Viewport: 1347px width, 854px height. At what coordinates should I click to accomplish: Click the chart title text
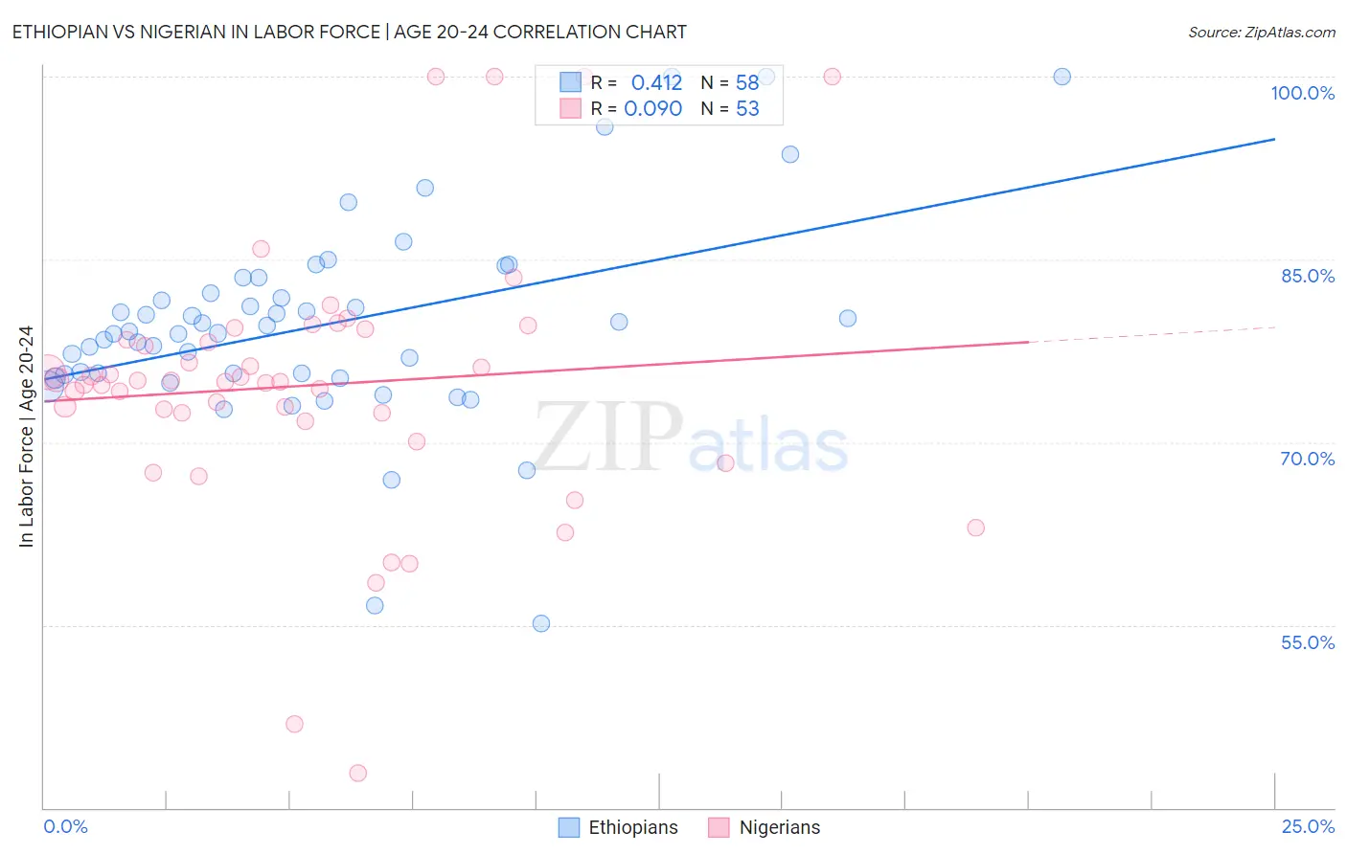(x=349, y=32)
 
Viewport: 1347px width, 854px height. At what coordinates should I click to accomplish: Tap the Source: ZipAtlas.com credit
(x=1261, y=32)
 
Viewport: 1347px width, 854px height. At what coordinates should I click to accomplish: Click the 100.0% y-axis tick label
(x=1302, y=93)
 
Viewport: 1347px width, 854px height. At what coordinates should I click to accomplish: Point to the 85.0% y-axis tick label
(x=1307, y=276)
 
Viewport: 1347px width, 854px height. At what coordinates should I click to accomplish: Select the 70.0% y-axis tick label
(x=1307, y=459)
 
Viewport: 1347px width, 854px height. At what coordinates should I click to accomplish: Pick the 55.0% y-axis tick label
(x=1307, y=642)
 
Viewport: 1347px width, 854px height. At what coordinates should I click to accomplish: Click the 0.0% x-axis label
(x=65, y=826)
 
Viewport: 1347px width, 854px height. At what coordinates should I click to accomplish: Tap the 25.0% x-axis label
(x=1308, y=826)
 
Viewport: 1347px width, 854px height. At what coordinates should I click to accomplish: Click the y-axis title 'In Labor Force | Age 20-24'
(x=26, y=437)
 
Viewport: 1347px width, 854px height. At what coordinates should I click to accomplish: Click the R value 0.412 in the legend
(x=656, y=82)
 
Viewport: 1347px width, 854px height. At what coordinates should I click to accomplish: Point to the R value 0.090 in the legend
(x=652, y=109)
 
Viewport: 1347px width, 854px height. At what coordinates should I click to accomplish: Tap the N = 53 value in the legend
(x=730, y=109)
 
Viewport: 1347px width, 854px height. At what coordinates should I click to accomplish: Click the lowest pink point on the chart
(x=358, y=773)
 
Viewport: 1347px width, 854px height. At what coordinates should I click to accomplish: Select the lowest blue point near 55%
(x=541, y=623)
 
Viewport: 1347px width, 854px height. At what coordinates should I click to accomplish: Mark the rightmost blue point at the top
(x=1062, y=77)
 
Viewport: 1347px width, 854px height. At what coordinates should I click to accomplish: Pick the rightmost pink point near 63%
(x=975, y=528)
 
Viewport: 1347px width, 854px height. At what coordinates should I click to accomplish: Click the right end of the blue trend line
(x=1274, y=140)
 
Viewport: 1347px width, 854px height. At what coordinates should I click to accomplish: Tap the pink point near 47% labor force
(x=294, y=724)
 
